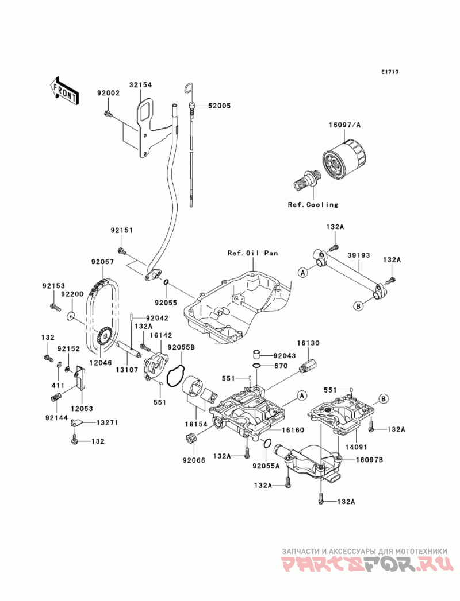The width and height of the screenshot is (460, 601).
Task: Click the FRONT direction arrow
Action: pos(64,91)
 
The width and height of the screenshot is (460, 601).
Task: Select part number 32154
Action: pos(140,85)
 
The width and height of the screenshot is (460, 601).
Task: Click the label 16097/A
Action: pos(344,125)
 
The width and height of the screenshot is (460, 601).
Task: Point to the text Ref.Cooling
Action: pos(313,205)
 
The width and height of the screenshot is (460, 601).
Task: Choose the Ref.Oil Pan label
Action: pos(252,253)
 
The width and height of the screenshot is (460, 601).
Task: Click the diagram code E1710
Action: pos(390,72)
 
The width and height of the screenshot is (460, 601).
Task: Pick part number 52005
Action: pos(219,106)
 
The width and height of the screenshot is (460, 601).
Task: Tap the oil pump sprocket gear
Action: pos(104,336)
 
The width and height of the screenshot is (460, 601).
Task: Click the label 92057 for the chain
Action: pos(102,262)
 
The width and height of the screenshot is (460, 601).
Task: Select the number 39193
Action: pos(359,255)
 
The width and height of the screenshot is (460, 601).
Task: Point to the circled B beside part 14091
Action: pos(383,399)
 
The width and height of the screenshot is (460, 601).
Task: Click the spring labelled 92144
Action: pos(56,397)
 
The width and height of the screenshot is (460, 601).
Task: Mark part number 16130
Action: pos(308,343)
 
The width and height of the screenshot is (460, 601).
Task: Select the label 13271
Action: pos(107,422)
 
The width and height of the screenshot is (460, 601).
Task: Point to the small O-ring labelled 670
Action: pos(259,366)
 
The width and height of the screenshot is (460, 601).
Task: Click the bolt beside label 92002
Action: pos(108,113)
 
